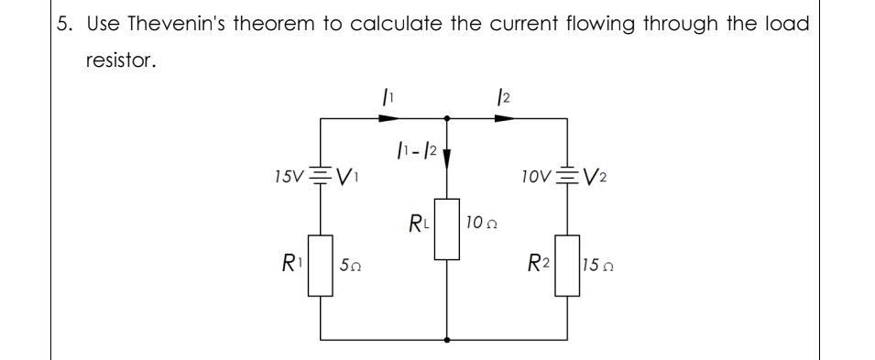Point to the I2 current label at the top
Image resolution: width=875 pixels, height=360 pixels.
(498, 96)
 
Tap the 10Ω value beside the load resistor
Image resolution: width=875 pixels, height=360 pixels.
(480, 223)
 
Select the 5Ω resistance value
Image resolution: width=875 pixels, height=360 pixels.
(349, 267)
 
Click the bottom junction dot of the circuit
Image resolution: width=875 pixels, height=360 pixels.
(447, 338)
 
